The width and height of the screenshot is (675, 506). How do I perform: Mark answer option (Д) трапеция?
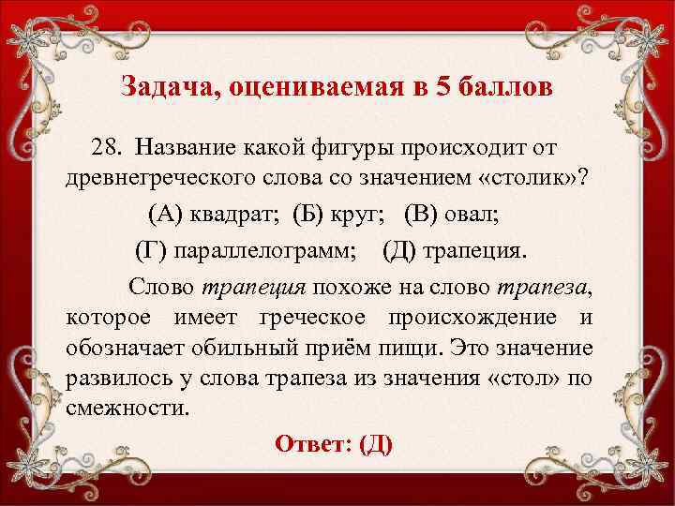pyautogui.click(x=456, y=248)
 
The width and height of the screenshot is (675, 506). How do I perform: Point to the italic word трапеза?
pyautogui.click(x=549, y=282)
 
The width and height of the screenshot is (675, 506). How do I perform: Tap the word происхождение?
pyautogui.click(x=492, y=316)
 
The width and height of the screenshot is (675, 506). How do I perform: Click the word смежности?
pyautogui.click(x=127, y=410)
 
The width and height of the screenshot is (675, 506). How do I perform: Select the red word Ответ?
pyautogui.click(x=314, y=443)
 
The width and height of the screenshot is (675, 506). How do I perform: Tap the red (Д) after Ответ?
pyautogui.click(x=375, y=443)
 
